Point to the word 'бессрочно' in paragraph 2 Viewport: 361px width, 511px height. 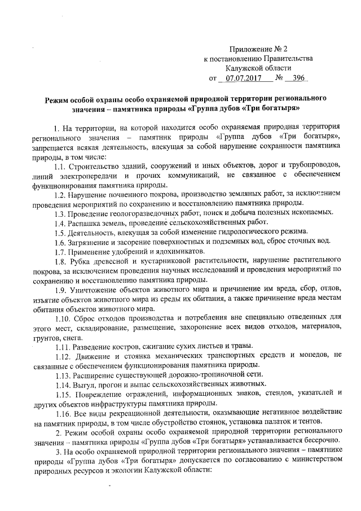tap(319, 442)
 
